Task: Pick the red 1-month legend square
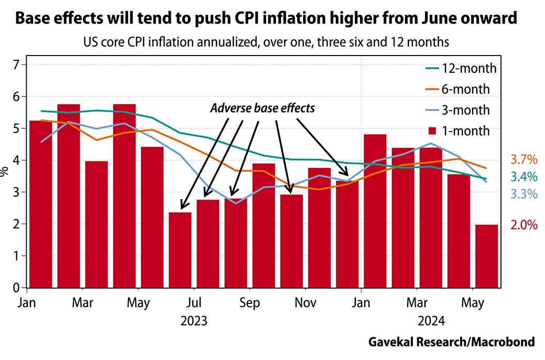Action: pyautogui.click(x=432, y=131)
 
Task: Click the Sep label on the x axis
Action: pyautogui.click(x=249, y=303)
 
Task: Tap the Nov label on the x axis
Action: pyautogui.click(x=305, y=303)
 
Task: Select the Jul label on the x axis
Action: pyautogui.click(x=194, y=303)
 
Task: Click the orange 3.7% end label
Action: pyautogui.click(x=524, y=159)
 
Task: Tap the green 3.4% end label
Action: pyautogui.click(x=524, y=177)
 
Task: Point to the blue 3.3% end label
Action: pyautogui.click(x=524, y=194)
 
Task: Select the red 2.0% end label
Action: pyautogui.click(x=524, y=225)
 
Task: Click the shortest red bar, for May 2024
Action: pyautogui.click(x=487, y=256)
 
